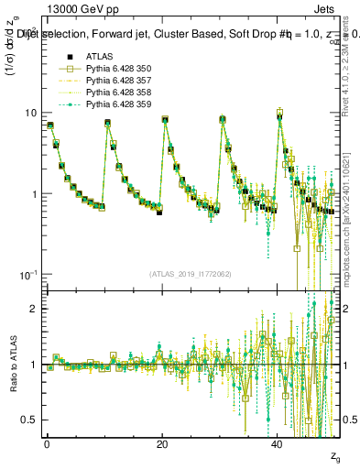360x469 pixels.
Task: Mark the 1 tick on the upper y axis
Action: click(x=35, y=194)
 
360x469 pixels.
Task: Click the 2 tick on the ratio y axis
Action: click(x=35, y=309)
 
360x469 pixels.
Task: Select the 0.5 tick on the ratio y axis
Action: click(x=30, y=420)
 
